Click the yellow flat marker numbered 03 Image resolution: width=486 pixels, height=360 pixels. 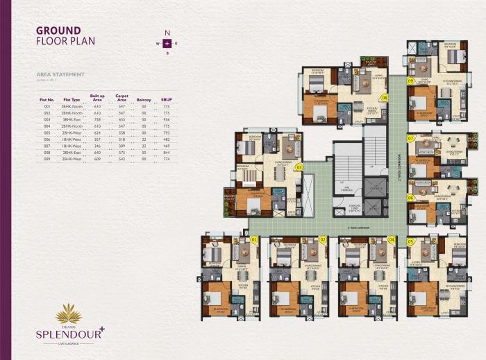(x=299, y=166)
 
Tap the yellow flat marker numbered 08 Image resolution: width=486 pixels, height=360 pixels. (x=383, y=98)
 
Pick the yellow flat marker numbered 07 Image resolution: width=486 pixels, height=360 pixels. (x=411, y=139)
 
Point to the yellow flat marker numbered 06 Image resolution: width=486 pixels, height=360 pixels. (x=411, y=198)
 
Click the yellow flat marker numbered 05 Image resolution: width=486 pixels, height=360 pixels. (x=411, y=241)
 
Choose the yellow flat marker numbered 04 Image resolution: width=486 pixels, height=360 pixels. (x=392, y=239)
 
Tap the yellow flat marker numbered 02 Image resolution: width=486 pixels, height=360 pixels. (x=324, y=239)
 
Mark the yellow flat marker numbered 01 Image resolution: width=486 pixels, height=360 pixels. (x=254, y=239)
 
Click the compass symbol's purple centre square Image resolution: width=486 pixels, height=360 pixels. (x=167, y=43)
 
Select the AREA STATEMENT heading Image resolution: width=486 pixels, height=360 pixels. (x=60, y=74)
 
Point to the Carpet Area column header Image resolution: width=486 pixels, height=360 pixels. (x=122, y=98)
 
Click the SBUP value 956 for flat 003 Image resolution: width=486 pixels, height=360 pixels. (x=167, y=120)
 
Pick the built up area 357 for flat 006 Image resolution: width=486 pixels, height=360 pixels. (x=97, y=139)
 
